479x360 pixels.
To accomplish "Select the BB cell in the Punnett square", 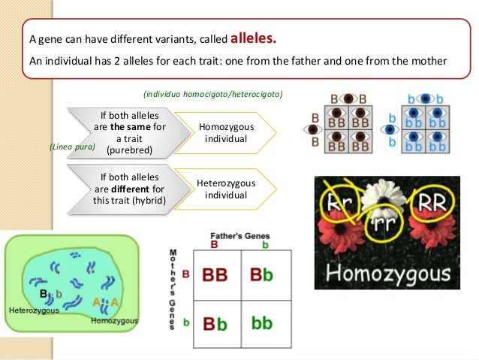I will [x=215, y=275].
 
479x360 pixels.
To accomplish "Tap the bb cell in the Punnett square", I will [x=262, y=323].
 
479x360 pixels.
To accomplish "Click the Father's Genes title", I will [x=240, y=236].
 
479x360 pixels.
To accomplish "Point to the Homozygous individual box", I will [x=226, y=133].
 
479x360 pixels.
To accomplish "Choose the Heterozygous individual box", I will [x=226, y=189].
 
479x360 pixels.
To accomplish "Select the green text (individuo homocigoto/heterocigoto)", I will [x=212, y=94].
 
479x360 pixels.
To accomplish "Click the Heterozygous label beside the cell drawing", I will [x=34, y=310].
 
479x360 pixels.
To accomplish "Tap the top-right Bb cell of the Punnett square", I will [x=262, y=275].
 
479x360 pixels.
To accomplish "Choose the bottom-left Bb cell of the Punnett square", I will [x=215, y=323].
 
